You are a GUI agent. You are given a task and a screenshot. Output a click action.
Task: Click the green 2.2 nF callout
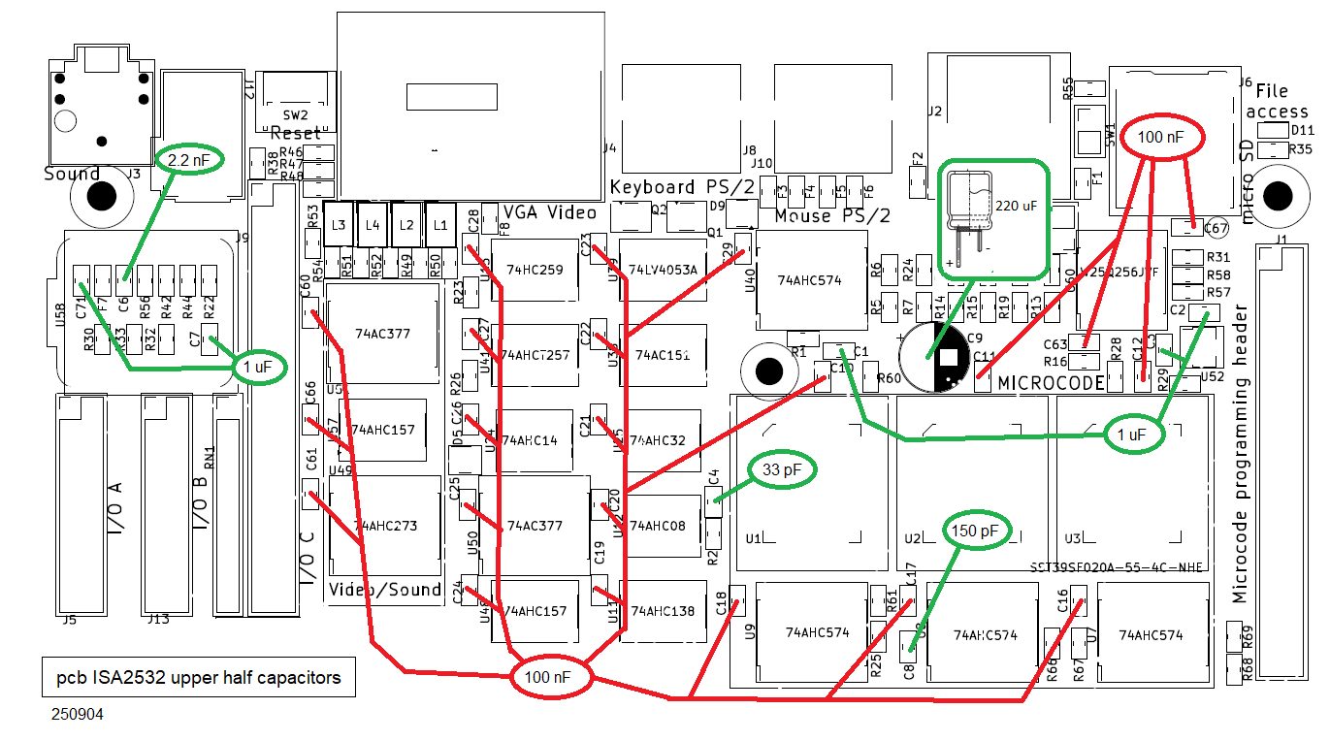190,158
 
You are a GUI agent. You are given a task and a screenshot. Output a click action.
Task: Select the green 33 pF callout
782,470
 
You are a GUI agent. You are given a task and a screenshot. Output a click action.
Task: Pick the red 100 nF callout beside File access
1161,138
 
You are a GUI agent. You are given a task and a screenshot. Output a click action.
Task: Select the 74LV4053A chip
663,270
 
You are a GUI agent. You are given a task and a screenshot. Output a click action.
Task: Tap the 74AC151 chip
663,356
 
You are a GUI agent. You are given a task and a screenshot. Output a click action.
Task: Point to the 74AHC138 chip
663,611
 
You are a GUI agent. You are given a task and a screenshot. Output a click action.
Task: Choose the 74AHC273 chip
385,526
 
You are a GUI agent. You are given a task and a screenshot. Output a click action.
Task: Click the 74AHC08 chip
658,526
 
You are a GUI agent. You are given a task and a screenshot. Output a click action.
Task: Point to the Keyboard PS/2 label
665,187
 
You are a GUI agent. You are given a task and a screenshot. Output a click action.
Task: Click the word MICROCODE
1052,383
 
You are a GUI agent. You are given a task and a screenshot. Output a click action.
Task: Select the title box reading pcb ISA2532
198,678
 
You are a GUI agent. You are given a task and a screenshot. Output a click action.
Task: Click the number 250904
78,715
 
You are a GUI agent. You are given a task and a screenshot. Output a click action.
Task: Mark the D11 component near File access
1272,130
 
